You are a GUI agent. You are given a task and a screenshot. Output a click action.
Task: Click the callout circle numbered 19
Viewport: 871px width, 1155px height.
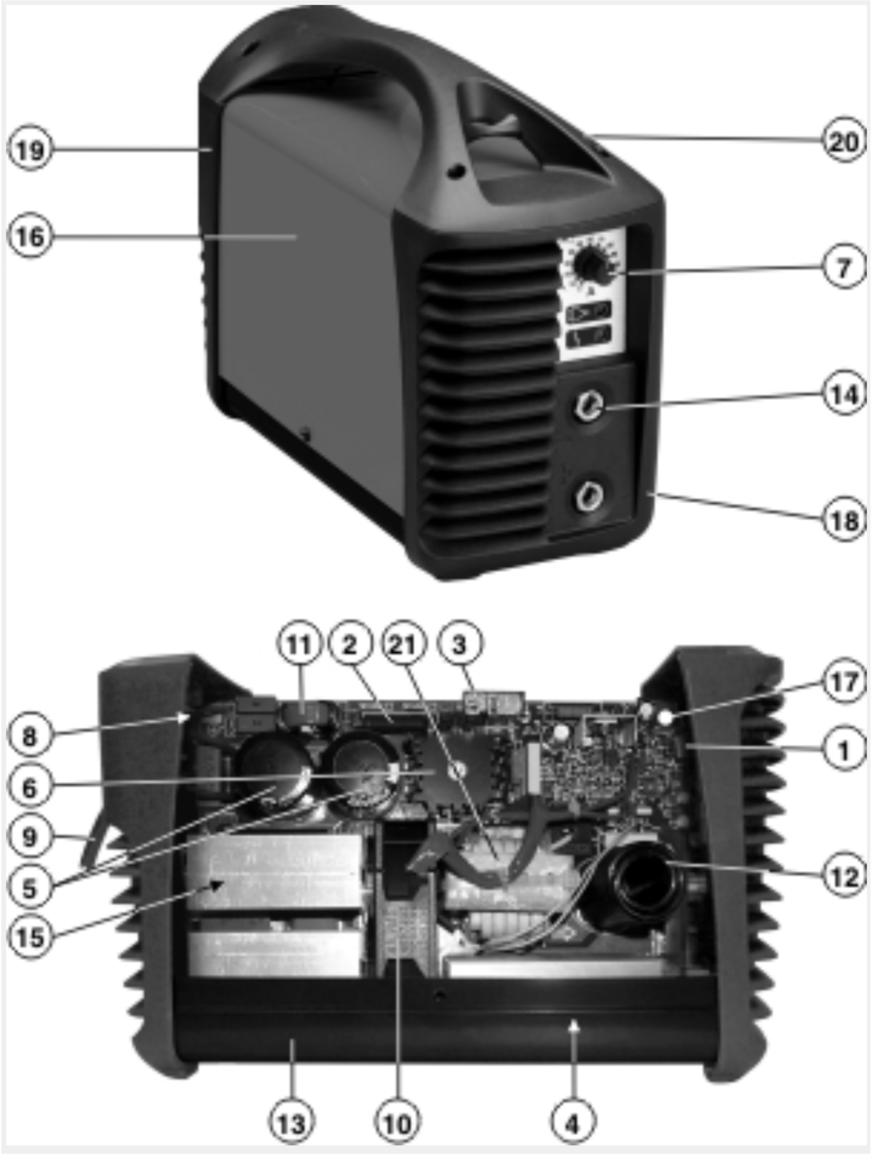point(30,150)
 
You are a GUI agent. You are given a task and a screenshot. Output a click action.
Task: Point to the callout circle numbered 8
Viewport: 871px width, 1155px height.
point(30,737)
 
